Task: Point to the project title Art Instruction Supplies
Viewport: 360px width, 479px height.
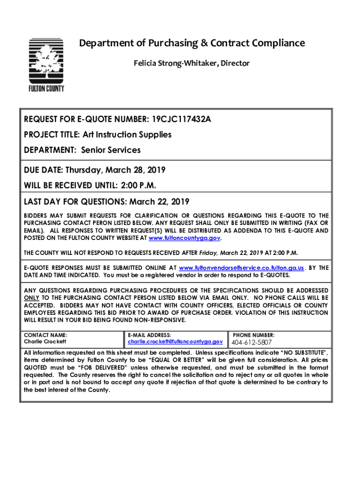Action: click(127, 135)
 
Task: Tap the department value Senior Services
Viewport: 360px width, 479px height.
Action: click(110, 150)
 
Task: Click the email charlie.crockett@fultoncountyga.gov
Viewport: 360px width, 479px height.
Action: click(175, 342)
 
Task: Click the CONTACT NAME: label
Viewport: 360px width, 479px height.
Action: click(45, 335)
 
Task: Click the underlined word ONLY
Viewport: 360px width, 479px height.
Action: click(32, 298)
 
